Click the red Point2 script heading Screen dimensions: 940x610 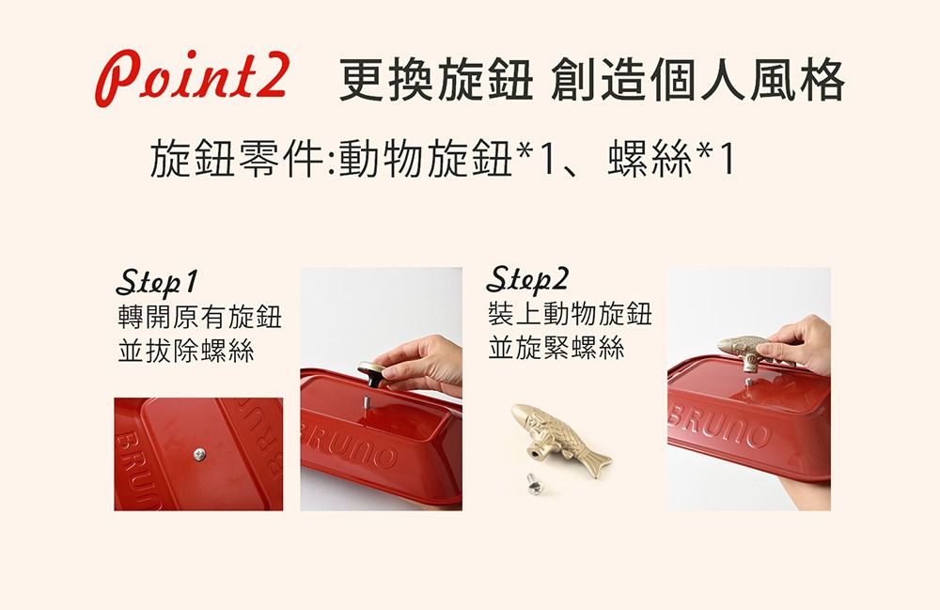tap(193, 78)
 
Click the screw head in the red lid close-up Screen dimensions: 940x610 tap(199, 455)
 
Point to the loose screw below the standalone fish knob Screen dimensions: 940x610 tap(534, 483)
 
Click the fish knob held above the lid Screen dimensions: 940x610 tap(753, 352)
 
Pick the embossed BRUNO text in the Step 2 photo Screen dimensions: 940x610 tap(718, 426)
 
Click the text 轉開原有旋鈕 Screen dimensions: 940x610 tap(199, 317)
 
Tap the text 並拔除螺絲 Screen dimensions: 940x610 tap(186, 351)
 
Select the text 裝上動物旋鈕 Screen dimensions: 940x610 tap(570, 314)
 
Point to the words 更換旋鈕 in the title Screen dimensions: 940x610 tap(436, 80)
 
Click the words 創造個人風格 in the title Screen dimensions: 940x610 tap(697, 80)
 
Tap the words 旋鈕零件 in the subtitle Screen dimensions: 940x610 tap(237, 158)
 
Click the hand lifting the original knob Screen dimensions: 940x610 tap(423, 366)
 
